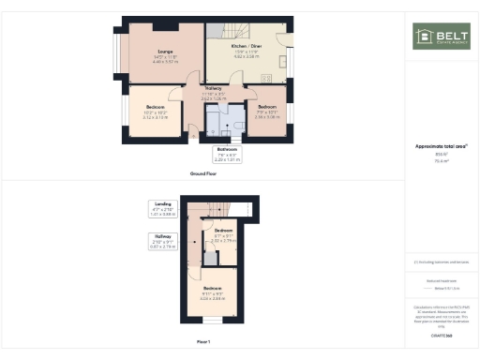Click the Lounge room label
pos(164,55)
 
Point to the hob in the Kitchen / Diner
pos(266,79)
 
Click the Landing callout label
pos(163,208)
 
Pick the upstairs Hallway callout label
pos(163,243)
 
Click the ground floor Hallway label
pos(213,93)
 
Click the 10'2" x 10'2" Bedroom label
pos(155,112)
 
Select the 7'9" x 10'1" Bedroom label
pos(267,112)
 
